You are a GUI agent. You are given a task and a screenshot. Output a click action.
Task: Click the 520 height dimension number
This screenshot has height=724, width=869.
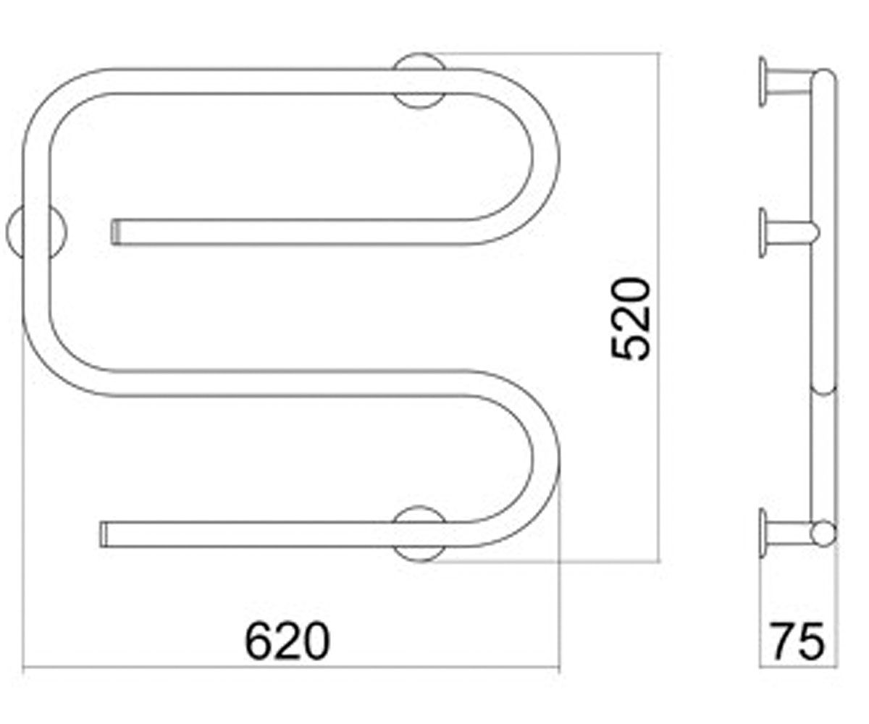click(630, 319)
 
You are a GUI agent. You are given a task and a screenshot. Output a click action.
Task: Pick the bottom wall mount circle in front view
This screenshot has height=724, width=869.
click(419, 555)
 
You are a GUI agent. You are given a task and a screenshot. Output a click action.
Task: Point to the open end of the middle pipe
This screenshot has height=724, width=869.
click(116, 232)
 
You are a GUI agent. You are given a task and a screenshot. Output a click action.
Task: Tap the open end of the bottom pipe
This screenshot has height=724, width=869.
click(104, 534)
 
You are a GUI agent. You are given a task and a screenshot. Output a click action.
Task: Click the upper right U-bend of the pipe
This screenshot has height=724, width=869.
click(545, 157)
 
